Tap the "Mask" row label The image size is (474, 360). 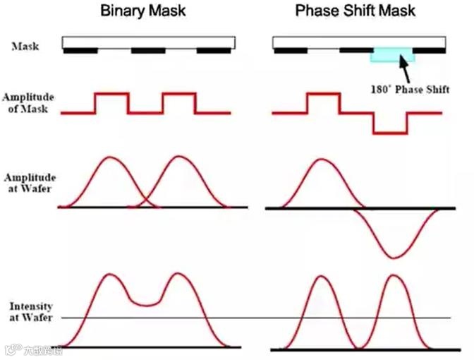click(x=25, y=47)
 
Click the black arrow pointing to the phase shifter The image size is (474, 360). click(x=404, y=70)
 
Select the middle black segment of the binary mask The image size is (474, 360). click(x=148, y=51)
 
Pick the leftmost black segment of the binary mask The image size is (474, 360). click(x=80, y=51)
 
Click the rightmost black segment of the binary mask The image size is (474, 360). click(x=213, y=51)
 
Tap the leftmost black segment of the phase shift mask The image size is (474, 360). click(x=289, y=51)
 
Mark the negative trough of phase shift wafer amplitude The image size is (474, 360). click(x=394, y=256)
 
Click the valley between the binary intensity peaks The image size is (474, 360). click(x=145, y=304)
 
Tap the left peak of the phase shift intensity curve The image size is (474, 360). click(x=322, y=276)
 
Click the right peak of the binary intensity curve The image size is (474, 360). click(x=179, y=275)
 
